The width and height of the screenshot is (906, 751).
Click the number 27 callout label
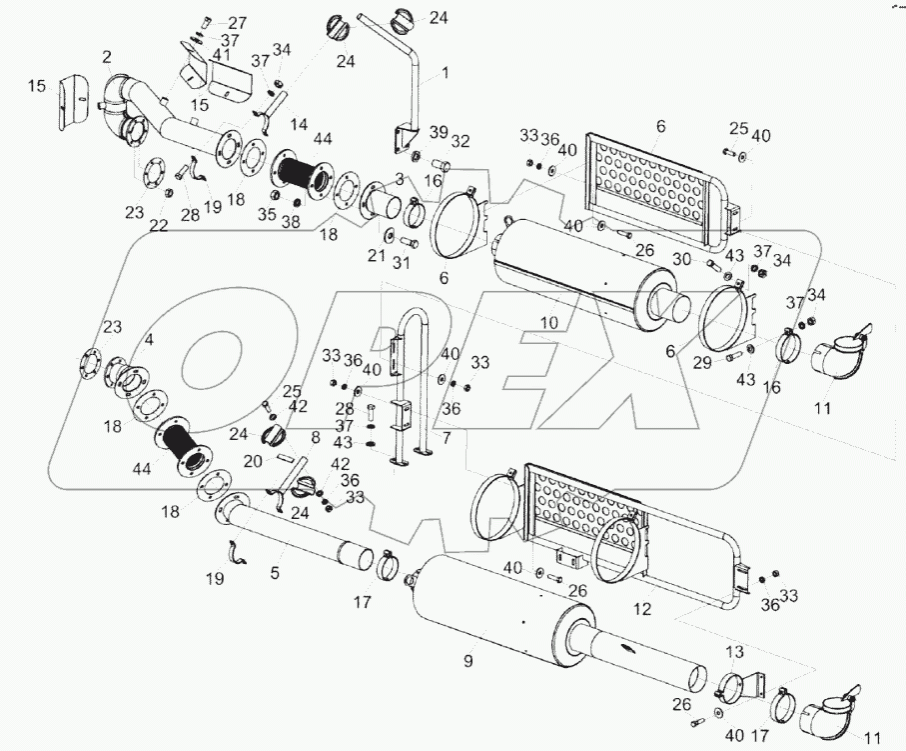[237, 23]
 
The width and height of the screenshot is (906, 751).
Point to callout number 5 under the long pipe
[275, 574]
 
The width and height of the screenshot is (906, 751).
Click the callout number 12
[642, 607]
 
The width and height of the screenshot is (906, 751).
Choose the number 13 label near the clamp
[735, 653]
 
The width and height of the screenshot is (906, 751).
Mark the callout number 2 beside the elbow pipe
[106, 57]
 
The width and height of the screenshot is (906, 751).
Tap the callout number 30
[681, 260]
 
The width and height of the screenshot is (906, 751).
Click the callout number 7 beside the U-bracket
[446, 439]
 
